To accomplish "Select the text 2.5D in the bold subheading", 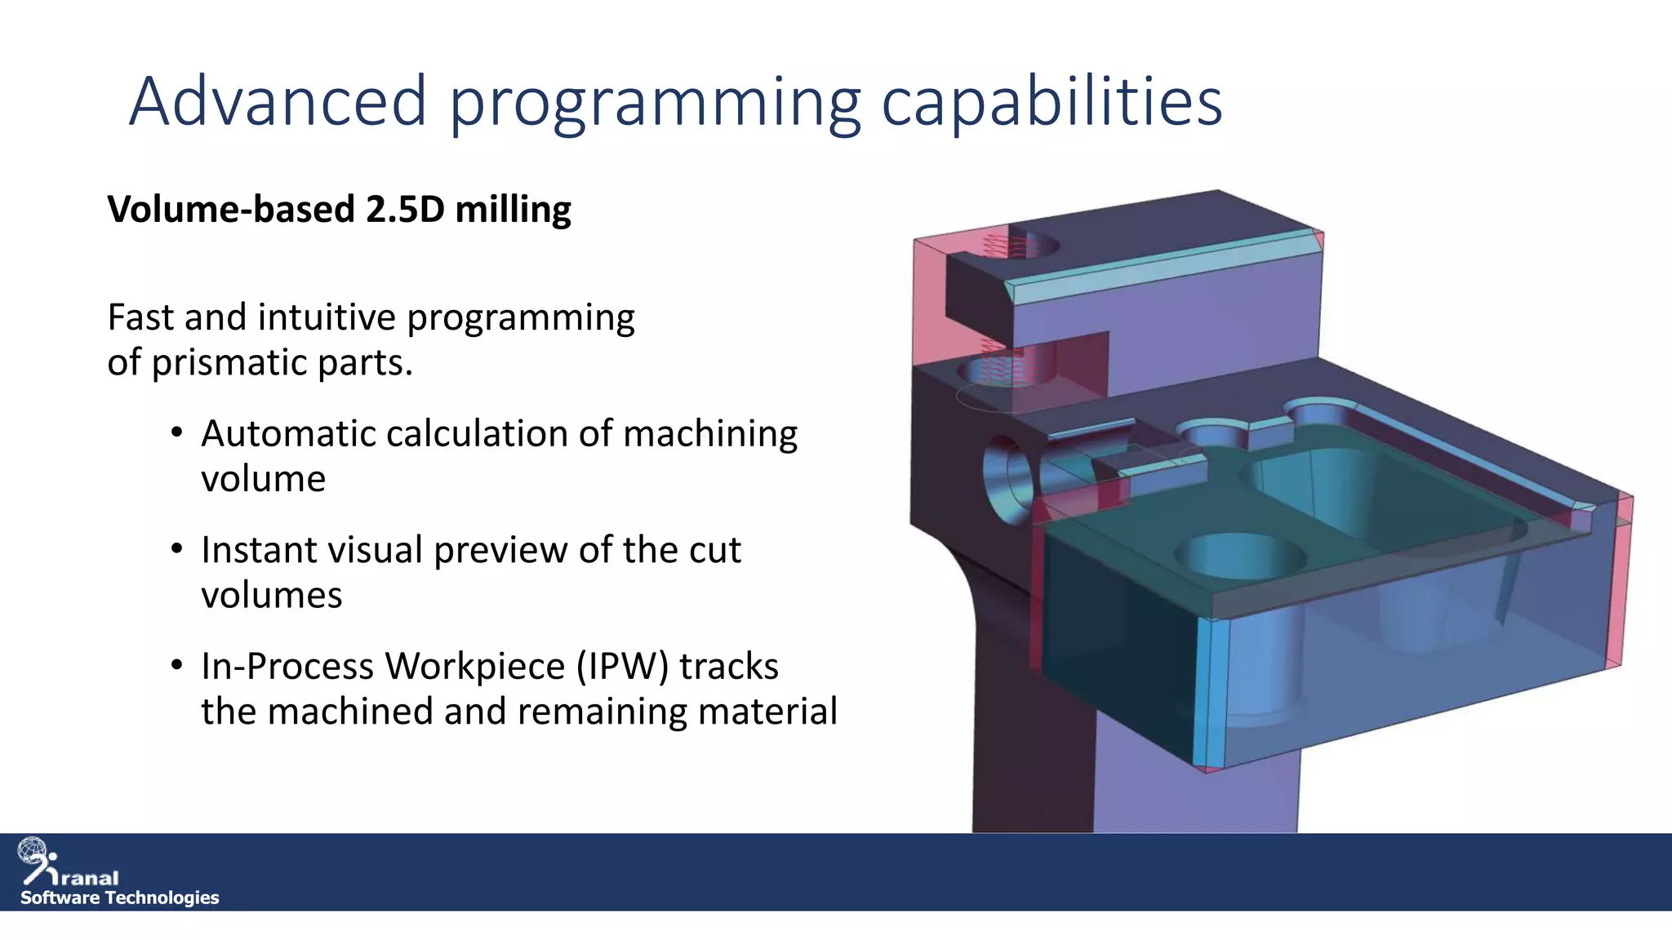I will tap(405, 210).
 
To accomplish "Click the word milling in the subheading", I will tap(513, 210).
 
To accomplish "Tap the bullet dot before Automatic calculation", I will tap(176, 432).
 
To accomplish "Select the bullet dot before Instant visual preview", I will tap(176, 549).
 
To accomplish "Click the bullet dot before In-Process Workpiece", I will tap(176, 665).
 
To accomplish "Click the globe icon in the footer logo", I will tap(33, 851).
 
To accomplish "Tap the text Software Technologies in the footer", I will tap(119, 898).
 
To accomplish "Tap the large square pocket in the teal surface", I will tap(1380, 494).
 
